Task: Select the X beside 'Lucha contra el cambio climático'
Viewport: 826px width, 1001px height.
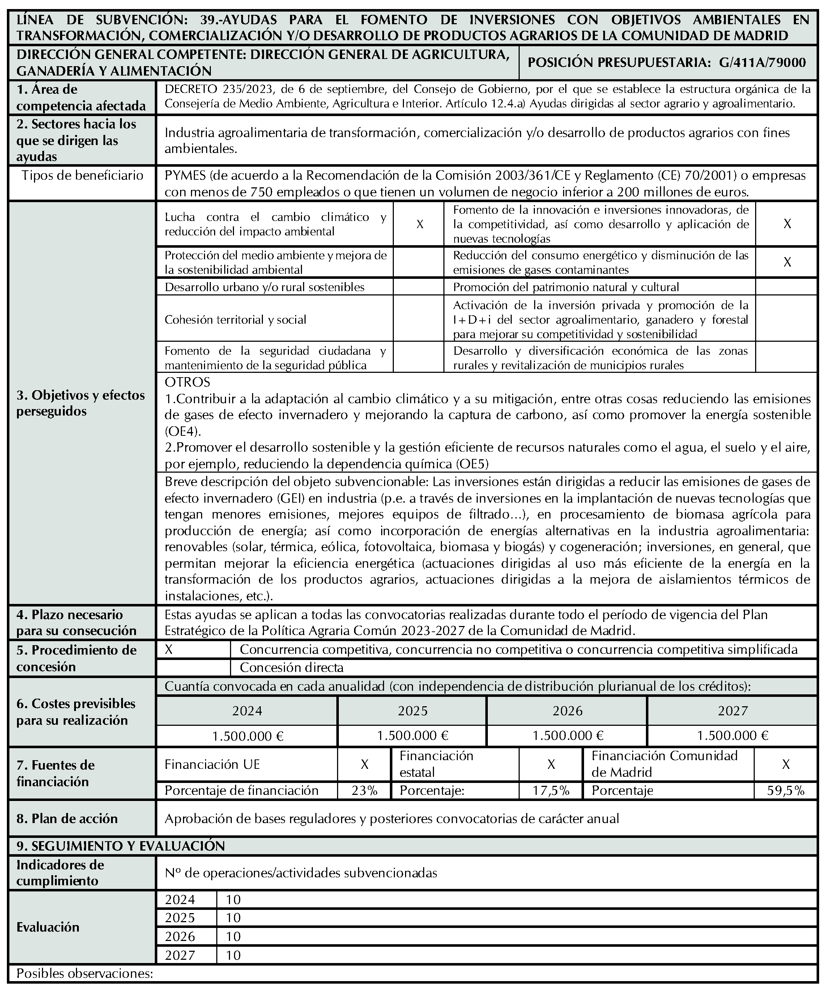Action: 420,224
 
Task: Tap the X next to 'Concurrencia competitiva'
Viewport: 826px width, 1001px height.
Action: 169,650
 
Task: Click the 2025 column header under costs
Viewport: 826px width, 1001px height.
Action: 413,711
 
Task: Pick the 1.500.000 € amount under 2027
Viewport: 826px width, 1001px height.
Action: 733,736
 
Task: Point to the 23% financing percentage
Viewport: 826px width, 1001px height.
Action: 365,790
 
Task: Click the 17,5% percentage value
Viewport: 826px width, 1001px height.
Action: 551,790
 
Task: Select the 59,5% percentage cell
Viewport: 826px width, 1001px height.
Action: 785,790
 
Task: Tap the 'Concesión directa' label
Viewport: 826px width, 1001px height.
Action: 291,668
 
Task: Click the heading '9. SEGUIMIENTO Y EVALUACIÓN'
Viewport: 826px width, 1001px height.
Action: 120,846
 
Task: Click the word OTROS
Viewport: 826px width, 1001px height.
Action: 187,382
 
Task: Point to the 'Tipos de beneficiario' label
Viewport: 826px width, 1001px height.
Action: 82,175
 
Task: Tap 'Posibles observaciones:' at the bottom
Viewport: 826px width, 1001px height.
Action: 85,974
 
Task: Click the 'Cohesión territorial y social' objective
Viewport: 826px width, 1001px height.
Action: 235,319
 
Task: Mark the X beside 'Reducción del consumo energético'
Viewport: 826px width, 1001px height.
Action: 787,262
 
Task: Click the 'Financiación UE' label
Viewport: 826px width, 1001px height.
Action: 212,764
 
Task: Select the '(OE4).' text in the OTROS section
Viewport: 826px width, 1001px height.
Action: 183,431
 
